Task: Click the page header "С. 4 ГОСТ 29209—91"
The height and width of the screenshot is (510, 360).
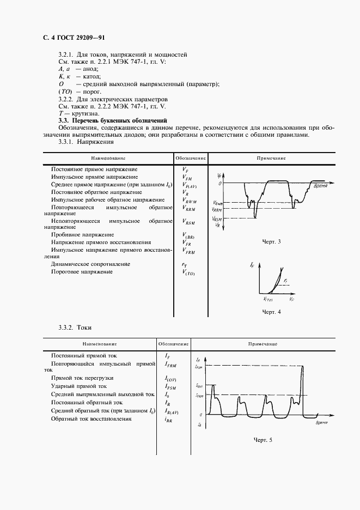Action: point(74,38)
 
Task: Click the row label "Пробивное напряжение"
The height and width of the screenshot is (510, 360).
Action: point(83,235)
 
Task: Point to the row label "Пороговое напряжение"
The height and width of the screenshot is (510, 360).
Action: point(82,271)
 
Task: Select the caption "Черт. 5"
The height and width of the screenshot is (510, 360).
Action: point(263,439)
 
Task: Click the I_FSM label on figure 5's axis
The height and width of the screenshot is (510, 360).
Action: point(199,367)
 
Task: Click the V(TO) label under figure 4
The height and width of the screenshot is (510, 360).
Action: point(267,299)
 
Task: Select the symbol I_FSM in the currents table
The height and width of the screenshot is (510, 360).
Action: point(170,386)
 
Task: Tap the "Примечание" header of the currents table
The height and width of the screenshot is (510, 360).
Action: point(263,344)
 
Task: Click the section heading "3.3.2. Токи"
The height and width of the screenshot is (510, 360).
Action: point(75,327)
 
